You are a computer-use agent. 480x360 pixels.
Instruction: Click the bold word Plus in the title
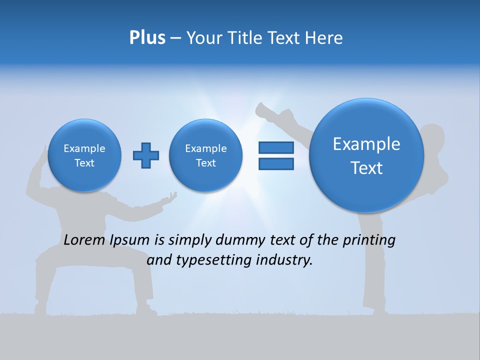[x=147, y=38]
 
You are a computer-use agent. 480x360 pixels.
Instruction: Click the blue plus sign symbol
[x=146, y=155]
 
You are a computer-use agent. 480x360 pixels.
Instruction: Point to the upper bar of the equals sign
[x=275, y=147]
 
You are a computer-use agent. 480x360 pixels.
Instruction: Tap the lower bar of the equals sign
[x=275, y=164]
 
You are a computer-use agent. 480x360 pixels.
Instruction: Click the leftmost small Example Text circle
[x=84, y=155]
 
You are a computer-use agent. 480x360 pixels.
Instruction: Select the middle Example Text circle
[x=205, y=155]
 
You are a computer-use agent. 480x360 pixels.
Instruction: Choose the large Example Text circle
[x=366, y=155]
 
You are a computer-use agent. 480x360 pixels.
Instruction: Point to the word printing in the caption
[x=369, y=240]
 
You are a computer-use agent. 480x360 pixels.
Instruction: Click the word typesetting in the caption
[x=209, y=260]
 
